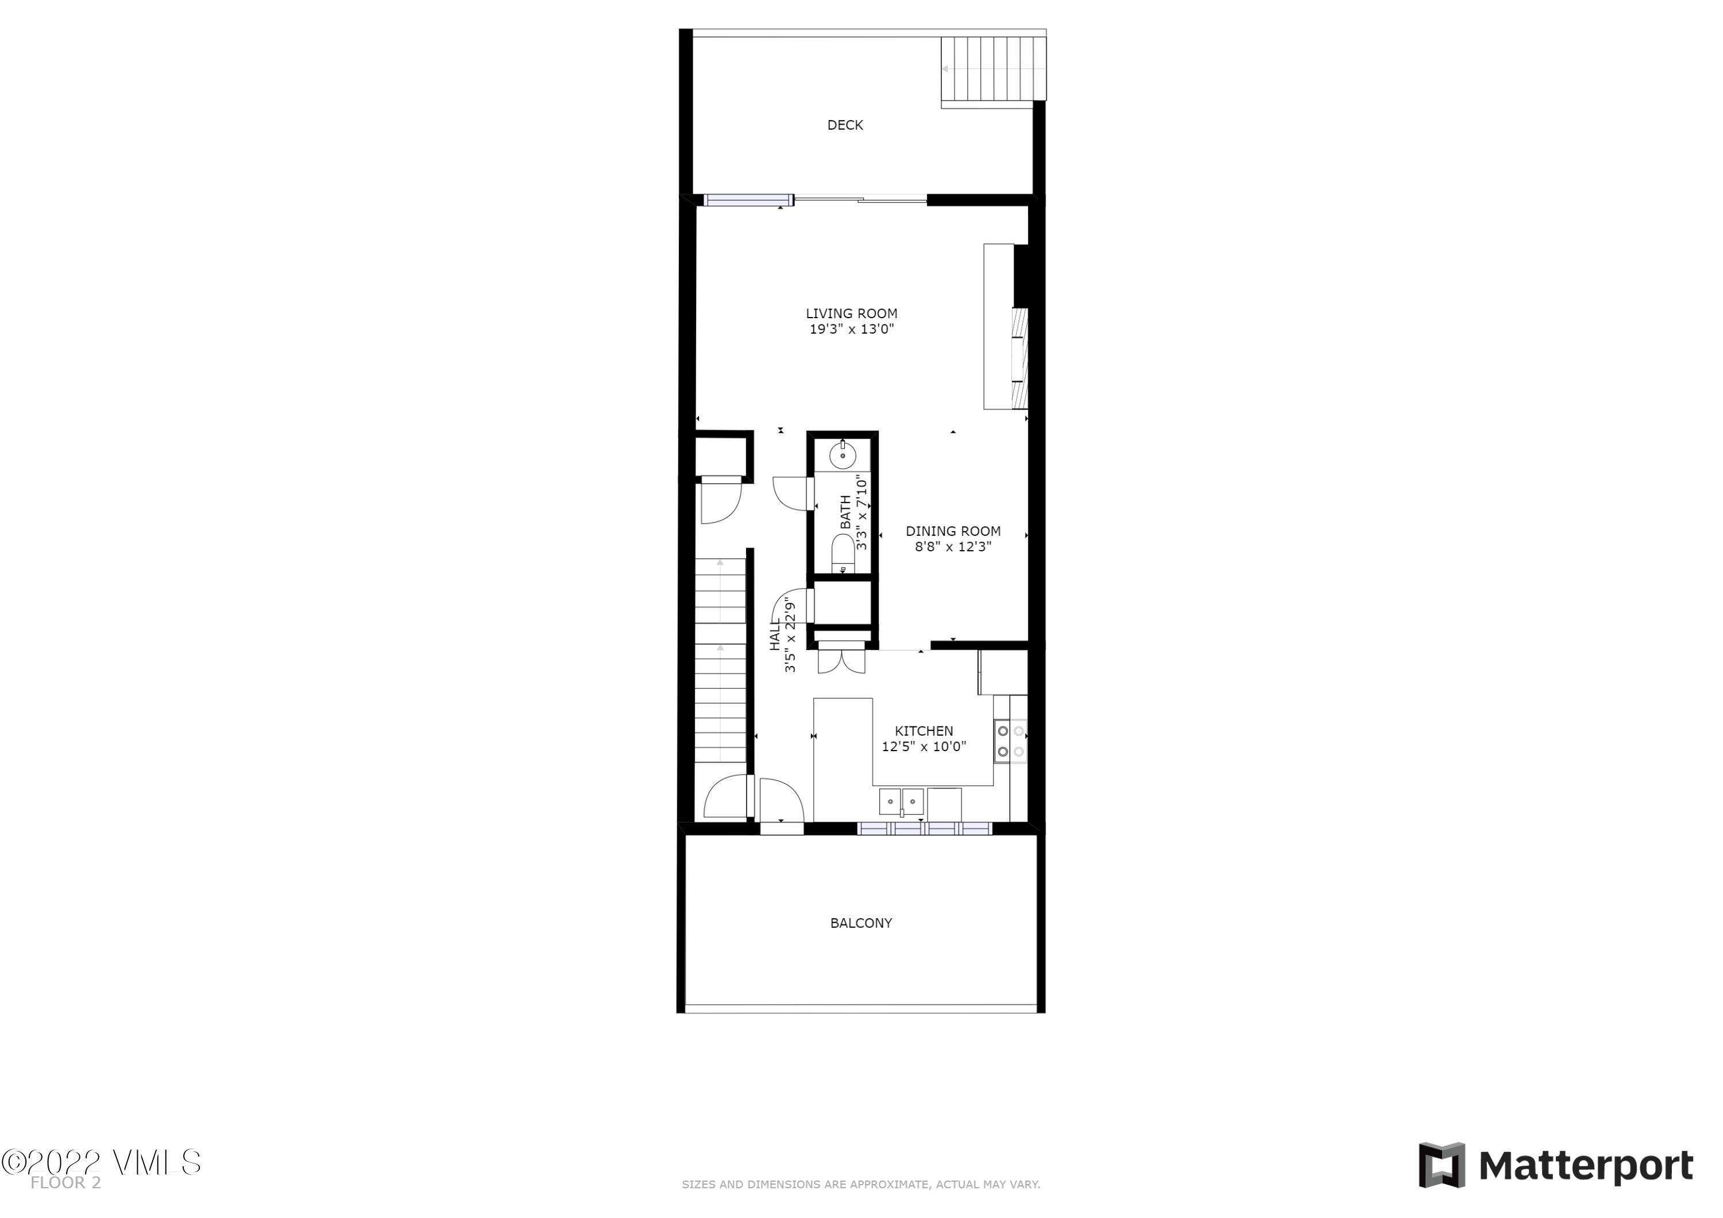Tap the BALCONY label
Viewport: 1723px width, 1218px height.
tap(861, 923)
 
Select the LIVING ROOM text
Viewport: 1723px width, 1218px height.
tap(851, 314)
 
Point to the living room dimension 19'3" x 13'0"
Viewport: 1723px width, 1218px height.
tap(851, 330)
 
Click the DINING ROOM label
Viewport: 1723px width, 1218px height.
tap(952, 531)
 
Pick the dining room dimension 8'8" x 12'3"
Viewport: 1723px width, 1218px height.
tap(952, 547)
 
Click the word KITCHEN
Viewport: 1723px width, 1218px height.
tap(924, 731)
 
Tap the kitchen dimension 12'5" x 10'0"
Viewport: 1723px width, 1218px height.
tap(924, 747)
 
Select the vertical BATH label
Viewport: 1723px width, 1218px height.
tap(846, 512)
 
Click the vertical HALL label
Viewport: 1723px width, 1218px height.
tap(775, 635)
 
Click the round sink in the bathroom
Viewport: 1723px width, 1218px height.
tap(843, 455)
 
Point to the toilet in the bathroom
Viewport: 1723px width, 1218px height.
tap(843, 554)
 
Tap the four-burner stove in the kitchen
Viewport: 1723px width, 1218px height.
tap(1010, 741)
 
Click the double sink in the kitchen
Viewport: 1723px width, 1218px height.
tap(901, 802)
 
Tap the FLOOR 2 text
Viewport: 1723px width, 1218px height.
tap(65, 1184)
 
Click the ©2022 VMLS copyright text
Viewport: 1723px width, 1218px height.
tap(101, 1162)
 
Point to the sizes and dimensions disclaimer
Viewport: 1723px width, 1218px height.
tap(861, 1184)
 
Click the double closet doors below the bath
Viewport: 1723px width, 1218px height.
tap(841, 660)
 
